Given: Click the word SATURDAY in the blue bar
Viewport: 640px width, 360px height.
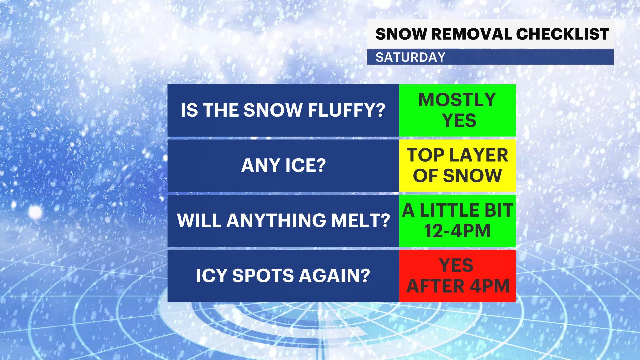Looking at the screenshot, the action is [x=410, y=57].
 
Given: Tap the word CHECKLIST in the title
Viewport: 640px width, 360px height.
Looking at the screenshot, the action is [x=562, y=34].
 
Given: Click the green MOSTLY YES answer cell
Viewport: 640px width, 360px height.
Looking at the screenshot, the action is [x=457, y=110].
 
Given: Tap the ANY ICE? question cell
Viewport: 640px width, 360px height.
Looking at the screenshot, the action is [x=283, y=165].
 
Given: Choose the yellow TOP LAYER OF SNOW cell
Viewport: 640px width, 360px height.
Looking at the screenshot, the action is [x=457, y=165].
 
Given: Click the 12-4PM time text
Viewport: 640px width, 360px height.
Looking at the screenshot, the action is [x=457, y=231].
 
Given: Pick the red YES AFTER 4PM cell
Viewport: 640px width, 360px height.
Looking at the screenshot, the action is [x=457, y=276].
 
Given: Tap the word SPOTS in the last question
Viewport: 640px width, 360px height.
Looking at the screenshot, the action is [x=263, y=276].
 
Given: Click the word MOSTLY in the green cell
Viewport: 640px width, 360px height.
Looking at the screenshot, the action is [x=457, y=100].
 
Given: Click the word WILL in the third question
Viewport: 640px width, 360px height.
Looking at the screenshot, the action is [x=199, y=220].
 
